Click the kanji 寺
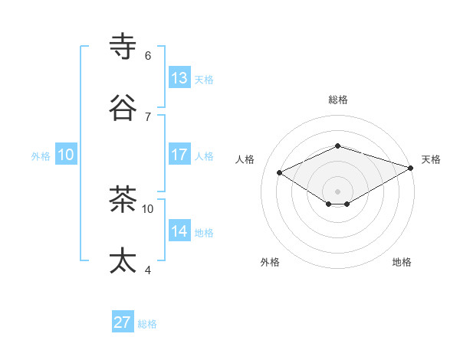(123, 47)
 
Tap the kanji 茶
(123, 199)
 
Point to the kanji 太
(123, 260)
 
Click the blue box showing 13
(179, 77)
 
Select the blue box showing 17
(179, 154)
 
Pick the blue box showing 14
(179, 231)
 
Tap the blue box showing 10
(66, 154)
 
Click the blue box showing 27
(123, 322)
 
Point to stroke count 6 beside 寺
(147, 56)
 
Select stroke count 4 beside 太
(147, 270)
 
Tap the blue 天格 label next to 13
(204, 79)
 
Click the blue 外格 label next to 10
(41, 155)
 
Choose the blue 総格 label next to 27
(147, 324)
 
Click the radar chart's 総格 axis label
(337, 100)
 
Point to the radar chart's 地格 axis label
(402, 262)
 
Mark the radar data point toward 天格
(411, 168)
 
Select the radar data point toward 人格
(280, 172)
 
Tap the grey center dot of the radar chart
(337, 191)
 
